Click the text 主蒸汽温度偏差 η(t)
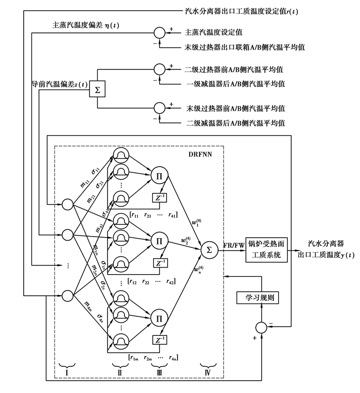tap(85, 25)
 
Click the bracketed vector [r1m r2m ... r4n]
tap(153, 356)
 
